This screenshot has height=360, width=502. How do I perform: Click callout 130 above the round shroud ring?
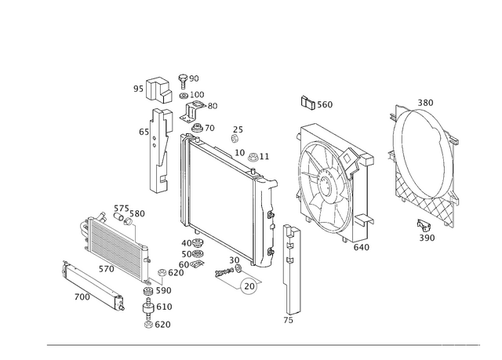(x=425, y=104)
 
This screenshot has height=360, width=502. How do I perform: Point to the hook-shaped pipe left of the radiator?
(x=160, y=169)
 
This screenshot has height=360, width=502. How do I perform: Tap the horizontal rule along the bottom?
(x=267, y=344)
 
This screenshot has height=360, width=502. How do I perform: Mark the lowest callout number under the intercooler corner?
(x=157, y=322)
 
